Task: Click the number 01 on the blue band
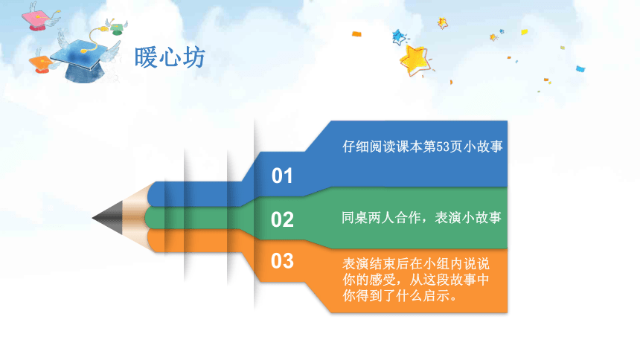(282, 176)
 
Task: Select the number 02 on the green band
(282, 219)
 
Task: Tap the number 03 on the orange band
(282, 261)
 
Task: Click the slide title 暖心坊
(170, 57)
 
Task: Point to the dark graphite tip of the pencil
(108, 217)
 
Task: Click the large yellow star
(415, 61)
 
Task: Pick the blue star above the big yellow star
(398, 37)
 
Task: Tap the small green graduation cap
(117, 28)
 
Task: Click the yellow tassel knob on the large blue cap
(84, 51)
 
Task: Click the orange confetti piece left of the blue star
(356, 34)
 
